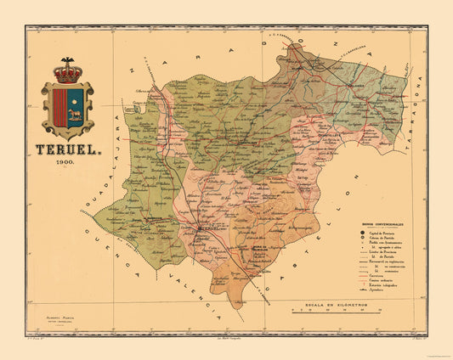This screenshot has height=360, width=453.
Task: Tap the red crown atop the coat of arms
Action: (x=68, y=72)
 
